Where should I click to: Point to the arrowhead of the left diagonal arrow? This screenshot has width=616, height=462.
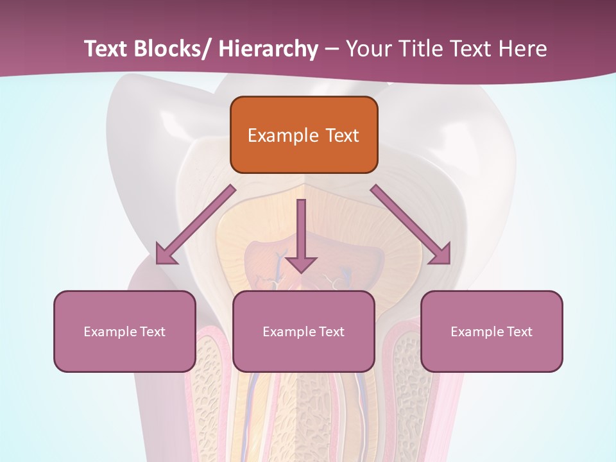pos(166,255)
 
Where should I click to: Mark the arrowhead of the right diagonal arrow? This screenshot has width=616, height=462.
pos(441,255)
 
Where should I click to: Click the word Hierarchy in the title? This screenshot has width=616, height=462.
pos(268,49)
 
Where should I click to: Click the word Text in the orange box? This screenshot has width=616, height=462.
pos(342,135)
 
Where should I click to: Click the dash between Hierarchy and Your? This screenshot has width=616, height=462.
pos(332,49)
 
